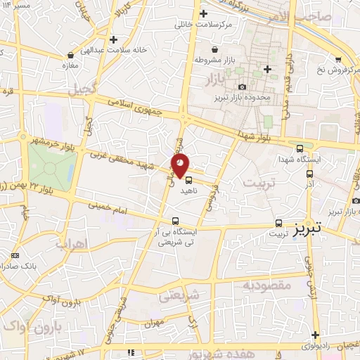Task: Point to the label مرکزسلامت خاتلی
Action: coord(204,25)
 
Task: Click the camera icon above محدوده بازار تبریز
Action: coord(243,86)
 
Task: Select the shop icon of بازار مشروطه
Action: coord(214,49)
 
